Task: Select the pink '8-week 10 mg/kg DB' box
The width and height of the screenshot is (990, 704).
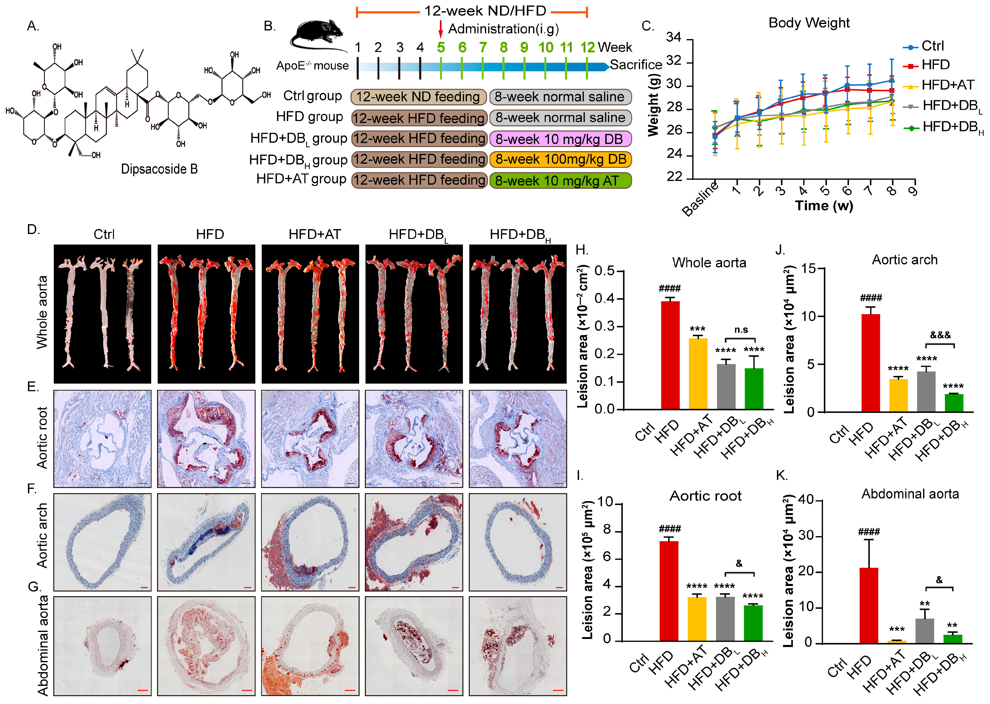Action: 560,139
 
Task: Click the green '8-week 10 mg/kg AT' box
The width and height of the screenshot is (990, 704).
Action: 560,180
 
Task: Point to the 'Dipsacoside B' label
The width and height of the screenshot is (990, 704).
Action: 159,169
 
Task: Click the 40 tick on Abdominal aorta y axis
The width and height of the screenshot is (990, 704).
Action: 805,500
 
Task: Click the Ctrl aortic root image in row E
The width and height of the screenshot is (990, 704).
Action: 102,438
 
